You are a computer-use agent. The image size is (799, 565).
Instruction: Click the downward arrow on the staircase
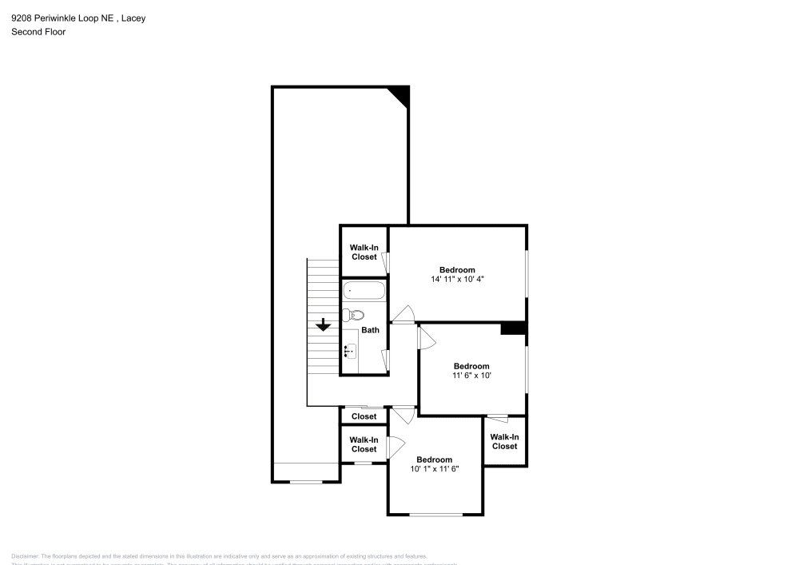(x=323, y=324)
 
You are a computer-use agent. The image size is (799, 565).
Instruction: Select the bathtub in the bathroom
(x=364, y=291)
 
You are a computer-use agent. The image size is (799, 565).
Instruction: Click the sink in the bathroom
(x=350, y=350)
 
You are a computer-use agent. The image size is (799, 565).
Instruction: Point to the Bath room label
(x=370, y=330)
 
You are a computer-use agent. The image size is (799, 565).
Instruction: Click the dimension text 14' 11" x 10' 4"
(x=457, y=279)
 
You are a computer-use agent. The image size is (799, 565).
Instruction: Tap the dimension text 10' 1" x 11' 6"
(x=435, y=469)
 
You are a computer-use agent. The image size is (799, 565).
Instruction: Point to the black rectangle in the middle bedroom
(x=512, y=328)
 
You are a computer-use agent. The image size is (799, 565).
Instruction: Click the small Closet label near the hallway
(x=364, y=416)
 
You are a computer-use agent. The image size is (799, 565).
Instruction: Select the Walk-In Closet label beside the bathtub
(x=364, y=252)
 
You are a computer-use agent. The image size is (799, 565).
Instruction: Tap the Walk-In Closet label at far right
(x=504, y=441)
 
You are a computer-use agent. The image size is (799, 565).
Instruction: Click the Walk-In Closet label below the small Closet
(x=364, y=444)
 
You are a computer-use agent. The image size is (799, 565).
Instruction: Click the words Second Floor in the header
(x=38, y=32)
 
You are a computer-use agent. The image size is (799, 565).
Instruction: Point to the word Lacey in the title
(x=133, y=18)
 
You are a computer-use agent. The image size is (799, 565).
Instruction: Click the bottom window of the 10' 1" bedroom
(x=435, y=514)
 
